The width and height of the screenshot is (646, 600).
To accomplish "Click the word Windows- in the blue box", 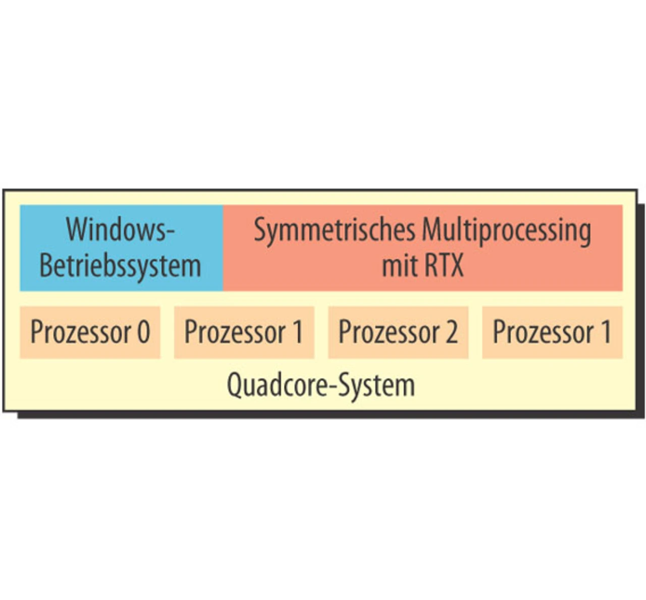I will (120, 229).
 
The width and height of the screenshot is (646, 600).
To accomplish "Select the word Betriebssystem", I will (120, 265).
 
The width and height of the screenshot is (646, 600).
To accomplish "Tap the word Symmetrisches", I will (334, 230).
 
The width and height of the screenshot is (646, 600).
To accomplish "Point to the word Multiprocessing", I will (506, 230).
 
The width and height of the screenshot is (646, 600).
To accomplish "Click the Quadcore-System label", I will (321, 385).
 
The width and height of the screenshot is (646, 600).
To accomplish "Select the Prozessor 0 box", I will (90, 332).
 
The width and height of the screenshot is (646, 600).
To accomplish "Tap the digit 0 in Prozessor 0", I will (144, 332).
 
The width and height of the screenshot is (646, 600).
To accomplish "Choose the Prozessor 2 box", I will (398, 332).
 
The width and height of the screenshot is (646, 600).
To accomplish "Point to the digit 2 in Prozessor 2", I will (451, 332).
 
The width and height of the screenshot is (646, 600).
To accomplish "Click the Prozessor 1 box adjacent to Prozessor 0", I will (244, 332).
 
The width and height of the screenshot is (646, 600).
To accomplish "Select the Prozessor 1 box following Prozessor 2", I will (552, 332).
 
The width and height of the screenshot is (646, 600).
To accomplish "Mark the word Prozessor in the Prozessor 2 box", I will (389, 332).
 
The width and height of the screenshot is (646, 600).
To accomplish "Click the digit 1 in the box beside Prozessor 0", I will (297, 332).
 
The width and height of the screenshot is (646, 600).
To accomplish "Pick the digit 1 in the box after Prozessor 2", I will (606, 332).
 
